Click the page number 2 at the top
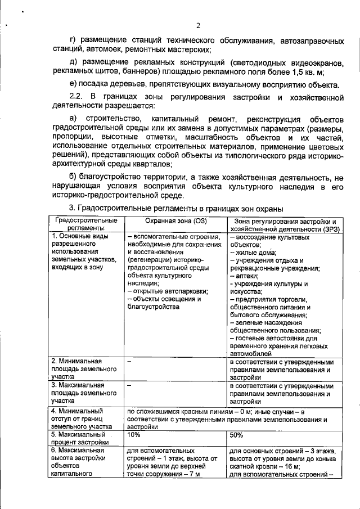[x=199, y=25]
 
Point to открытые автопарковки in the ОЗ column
[x=168, y=291]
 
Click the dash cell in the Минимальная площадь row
[x=129, y=363]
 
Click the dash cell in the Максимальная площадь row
[x=129, y=386]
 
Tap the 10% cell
[x=134, y=435]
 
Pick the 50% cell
[x=237, y=435]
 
